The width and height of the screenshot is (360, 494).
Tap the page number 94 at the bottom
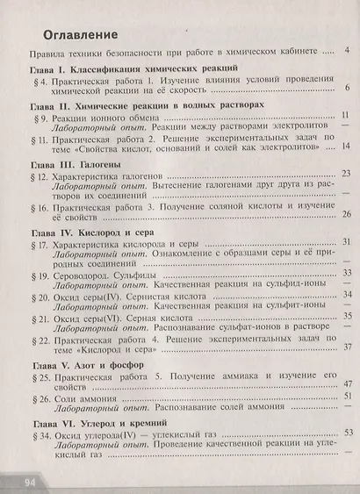point(29,481)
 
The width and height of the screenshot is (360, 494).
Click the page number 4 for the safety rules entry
point(349,51)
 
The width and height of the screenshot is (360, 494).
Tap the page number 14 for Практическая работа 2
point(346,146)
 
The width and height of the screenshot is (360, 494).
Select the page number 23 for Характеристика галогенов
point(346,174)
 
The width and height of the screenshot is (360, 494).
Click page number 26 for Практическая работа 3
point(346,214)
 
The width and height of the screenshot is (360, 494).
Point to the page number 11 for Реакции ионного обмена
point(346,115)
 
